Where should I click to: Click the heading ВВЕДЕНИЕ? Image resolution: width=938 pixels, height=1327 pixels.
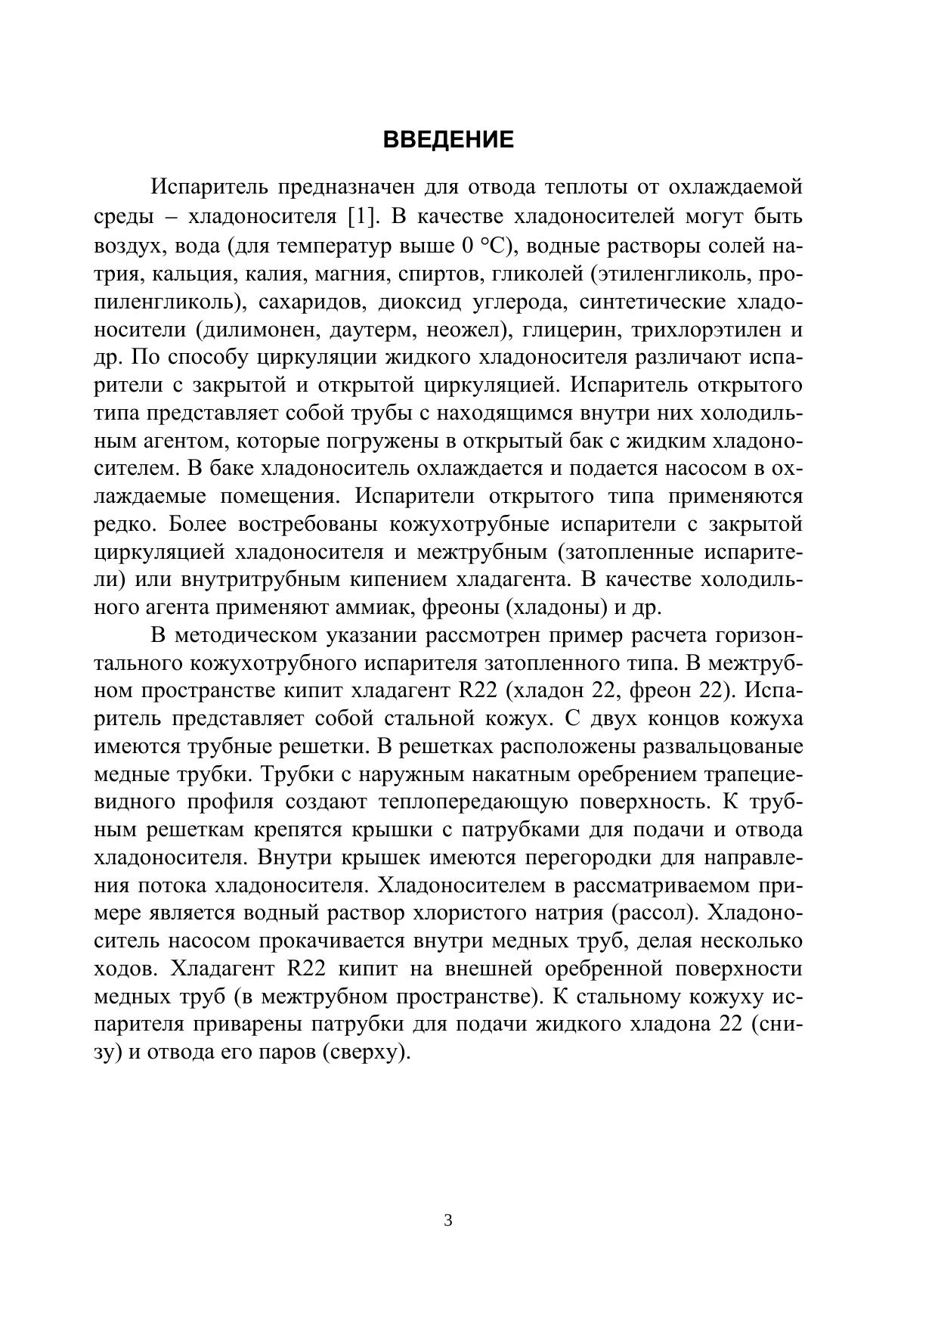click(x=448, y=140)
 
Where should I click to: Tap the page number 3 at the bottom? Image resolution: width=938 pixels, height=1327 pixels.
click(x=448, y=1220)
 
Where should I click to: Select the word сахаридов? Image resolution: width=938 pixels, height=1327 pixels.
click(x=310, y=302)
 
